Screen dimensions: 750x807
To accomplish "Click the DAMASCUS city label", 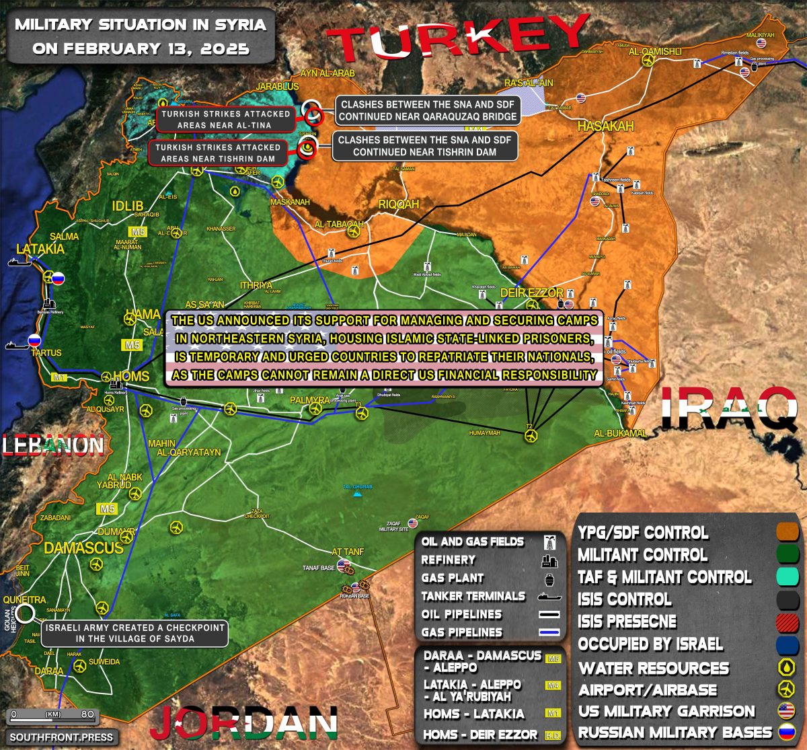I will [83, 548].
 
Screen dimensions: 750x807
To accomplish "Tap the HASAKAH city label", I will [605, 126].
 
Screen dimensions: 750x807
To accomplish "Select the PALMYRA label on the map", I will [309, 400].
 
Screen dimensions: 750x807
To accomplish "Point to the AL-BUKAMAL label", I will [620, 434].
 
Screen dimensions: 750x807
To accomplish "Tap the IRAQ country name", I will [729, 409].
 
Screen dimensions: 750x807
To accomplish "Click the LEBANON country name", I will [53, 445].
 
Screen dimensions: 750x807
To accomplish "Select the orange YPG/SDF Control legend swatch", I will [787, 533].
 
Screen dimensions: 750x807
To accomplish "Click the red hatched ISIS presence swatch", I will [787, 622].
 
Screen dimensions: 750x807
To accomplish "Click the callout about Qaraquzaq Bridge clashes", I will [428, 110].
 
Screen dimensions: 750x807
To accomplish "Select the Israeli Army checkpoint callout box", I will [135, 633].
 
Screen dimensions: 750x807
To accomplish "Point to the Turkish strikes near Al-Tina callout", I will [225, 119].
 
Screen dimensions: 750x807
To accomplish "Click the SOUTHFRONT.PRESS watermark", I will [60, 737].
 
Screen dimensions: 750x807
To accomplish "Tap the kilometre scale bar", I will [50, 714].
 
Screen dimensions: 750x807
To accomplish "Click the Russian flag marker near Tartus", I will [34, 340].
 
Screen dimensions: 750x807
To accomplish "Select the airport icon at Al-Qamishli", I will [648, 61].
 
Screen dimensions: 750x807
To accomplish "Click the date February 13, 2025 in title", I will [141, 48].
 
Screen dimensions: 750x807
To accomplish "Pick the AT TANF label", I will [348, 552].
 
